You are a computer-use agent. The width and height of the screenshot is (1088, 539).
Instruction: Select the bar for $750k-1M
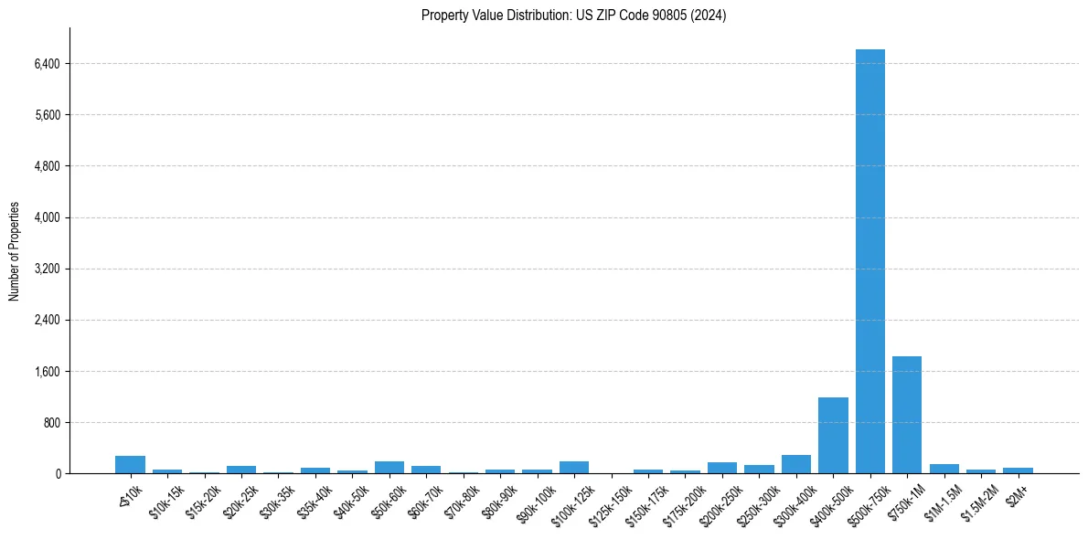(x=906, y=415)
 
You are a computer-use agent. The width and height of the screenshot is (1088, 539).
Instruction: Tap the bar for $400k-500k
(x=833, y=435)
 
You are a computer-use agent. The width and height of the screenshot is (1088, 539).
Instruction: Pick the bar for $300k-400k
(x=795, y=464)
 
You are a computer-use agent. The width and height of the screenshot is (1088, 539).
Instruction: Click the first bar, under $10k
(x=130, y=464)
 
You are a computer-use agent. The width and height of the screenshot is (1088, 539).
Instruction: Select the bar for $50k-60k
(x=389, y=467)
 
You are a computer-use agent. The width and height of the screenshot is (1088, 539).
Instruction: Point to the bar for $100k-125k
(x=574, y=467)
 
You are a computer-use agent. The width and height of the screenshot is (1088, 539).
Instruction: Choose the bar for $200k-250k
(x=721, y=468)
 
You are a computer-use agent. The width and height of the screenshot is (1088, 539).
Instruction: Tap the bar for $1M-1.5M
(x=944, y=469)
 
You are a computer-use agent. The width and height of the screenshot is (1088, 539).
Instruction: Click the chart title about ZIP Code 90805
(x=573, y=16)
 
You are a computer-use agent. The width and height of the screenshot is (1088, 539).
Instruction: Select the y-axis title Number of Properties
(x=15, y=250)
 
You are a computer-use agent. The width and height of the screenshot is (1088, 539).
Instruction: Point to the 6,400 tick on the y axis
(x=46, y=64)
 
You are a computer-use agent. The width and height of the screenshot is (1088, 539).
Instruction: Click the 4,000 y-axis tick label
(x=46, y=217)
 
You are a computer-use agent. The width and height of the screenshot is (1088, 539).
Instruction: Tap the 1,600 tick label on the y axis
(x=46, y=371)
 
